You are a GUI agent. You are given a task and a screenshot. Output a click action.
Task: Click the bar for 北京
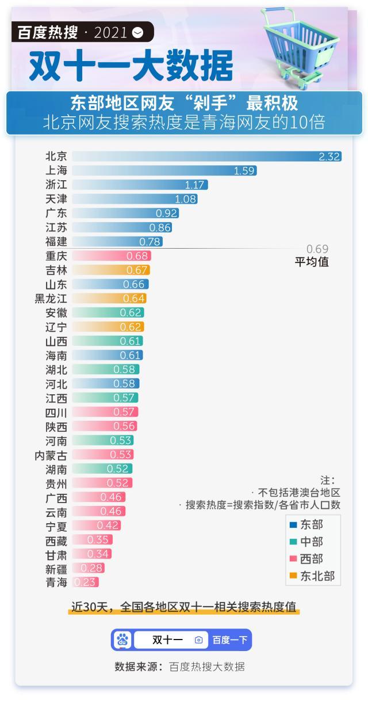207,157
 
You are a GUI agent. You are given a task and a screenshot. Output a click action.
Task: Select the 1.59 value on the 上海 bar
244,171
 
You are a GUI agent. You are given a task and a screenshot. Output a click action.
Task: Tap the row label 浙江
56,185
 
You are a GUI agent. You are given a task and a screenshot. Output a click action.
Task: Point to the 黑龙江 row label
51,299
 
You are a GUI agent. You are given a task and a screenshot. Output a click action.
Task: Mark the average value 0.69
317,249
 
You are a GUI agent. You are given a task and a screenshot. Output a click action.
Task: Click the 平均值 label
312,262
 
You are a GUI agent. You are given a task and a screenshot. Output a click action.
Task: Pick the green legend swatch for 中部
293,542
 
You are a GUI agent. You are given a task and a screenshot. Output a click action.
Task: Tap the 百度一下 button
229,640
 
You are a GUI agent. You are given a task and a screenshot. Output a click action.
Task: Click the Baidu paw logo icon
122,640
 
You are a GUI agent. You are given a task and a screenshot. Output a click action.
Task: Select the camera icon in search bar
199,640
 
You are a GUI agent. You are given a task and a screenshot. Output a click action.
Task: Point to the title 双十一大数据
131,66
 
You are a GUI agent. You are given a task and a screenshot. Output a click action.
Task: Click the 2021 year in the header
110,32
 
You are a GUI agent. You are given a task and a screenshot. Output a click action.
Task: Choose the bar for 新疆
89,568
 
